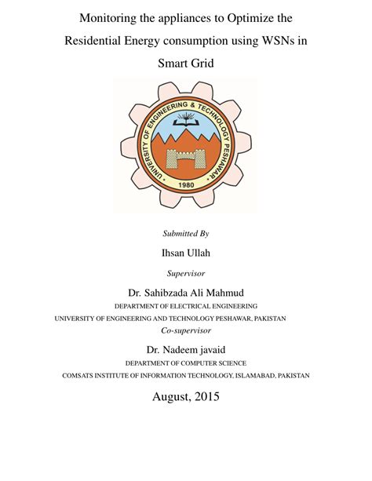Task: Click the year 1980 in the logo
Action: point(186,185)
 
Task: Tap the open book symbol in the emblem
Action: point(186,120)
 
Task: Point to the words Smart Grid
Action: point(186,62)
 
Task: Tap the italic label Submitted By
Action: point(186,234)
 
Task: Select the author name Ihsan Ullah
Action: point(186,253)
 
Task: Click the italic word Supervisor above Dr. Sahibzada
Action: point(186,274)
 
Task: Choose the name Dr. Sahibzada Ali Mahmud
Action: point(186,293)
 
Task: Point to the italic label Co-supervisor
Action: point(186,330)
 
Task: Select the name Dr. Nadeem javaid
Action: point(186,349)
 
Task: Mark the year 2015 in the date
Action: point(206,397)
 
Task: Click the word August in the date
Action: point(168,397)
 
